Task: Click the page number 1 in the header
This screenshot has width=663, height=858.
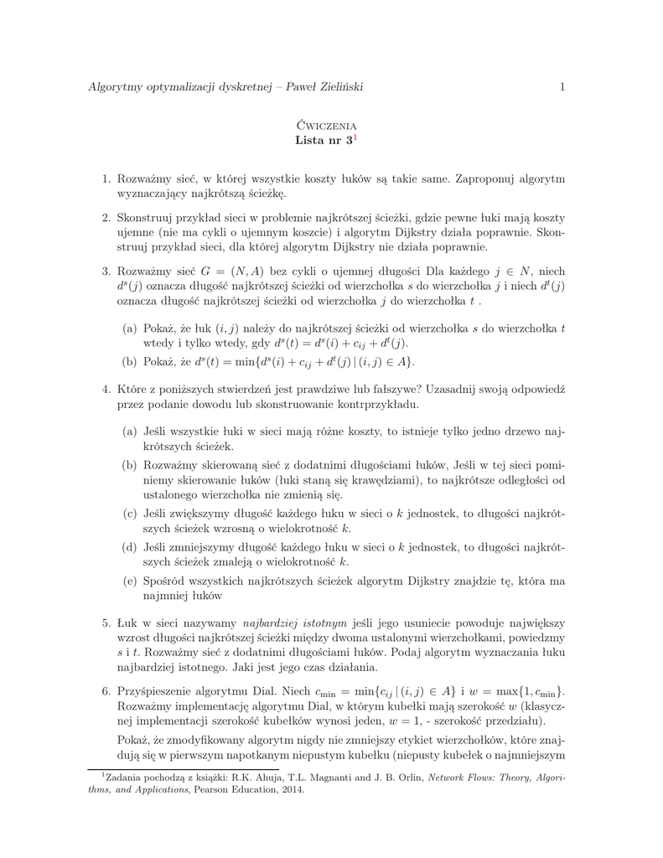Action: click(562, 87)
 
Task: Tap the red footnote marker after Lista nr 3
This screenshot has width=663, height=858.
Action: click(355, 137)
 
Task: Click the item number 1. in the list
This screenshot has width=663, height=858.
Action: click(106, 178)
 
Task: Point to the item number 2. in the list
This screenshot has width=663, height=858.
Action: click(106, 218)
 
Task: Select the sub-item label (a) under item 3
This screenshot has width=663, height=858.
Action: click(130, 328)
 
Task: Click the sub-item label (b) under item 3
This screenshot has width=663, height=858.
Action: click(130, 361)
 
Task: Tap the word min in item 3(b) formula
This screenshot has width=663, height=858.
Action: click(246, 361)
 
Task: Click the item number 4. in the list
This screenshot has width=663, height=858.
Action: click(106, 390)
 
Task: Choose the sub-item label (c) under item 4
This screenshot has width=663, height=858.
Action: click(130, 513)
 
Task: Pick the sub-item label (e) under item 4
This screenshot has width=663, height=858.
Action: click(130, 581)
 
